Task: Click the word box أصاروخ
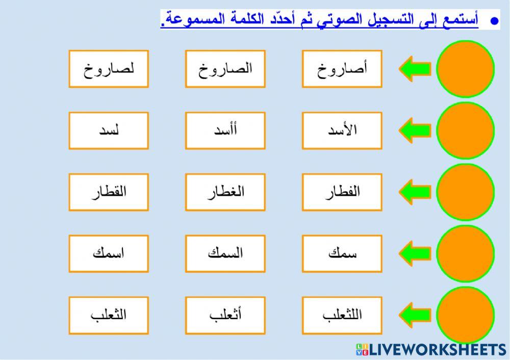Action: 342,69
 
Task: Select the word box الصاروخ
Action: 225,69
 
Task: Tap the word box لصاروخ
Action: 109,69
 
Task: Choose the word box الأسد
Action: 342,131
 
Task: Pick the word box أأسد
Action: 225,131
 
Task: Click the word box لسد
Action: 109,131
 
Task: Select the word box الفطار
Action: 342,192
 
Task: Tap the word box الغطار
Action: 225,192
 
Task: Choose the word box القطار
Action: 109,192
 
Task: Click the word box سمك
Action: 342,253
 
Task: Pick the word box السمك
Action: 225,253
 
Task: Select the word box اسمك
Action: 109,253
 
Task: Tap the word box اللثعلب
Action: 342,315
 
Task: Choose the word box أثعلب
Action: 225,315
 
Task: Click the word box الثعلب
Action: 109,315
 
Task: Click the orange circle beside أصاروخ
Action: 466,68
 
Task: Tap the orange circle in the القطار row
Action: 466,192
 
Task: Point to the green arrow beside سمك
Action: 415,253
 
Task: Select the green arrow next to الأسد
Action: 415,131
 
